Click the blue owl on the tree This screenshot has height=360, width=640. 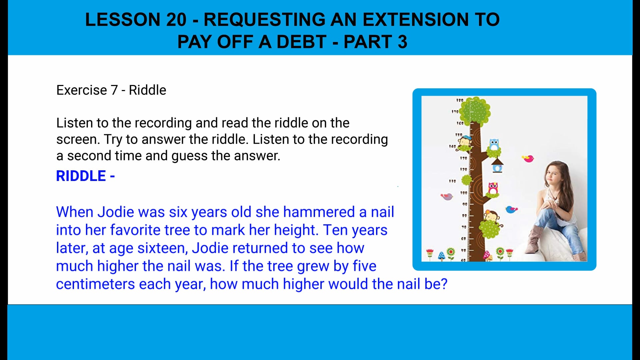(x=494, y=145)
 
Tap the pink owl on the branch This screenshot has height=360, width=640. (x=493, y=188)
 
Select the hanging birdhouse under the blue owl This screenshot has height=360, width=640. (x=497, y=165)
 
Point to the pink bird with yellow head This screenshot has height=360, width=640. (x=528, y=158)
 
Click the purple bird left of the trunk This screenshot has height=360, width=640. (x=447, y=196)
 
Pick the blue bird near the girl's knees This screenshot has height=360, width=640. (x=511, y=209)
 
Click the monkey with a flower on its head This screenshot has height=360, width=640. (x=490, y=216)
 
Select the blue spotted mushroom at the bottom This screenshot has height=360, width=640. (x=441, y=256)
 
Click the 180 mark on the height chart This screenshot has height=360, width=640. (x=460, y=100)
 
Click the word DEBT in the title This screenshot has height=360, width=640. (x=301, y=42)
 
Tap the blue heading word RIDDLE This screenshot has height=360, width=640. (x=81, y=176)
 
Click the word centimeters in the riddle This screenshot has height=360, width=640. (x=95, y=284)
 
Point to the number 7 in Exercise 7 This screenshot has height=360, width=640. (x=114, y=90)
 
